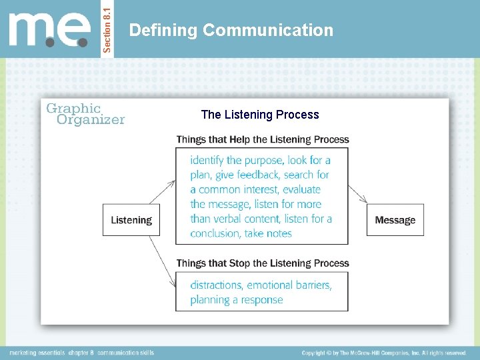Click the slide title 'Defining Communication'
231,30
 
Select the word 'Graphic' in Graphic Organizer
73,108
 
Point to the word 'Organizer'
91,120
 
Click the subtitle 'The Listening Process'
260,115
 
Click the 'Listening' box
131,220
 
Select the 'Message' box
395,220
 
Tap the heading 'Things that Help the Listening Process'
263,139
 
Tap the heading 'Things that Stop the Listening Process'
263,263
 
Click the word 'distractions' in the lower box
217,285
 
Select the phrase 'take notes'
269,233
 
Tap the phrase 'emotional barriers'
289,285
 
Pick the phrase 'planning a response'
237,300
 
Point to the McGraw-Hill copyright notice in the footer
384,353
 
